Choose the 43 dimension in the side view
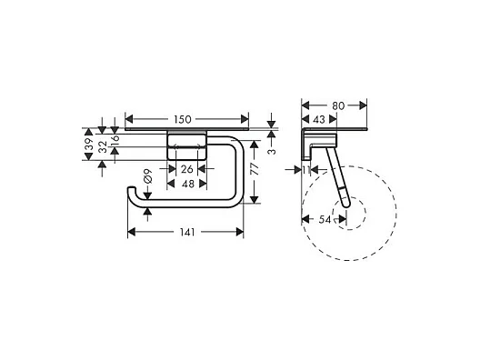(319, 119)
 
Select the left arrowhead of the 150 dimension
(127, 118)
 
